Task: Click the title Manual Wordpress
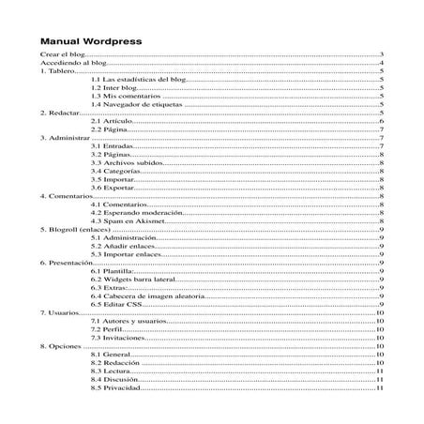tap(90, 42)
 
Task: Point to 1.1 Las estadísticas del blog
tap(140, 82)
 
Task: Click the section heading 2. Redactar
tap(58, 114)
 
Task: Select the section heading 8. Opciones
tap(60, 345)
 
